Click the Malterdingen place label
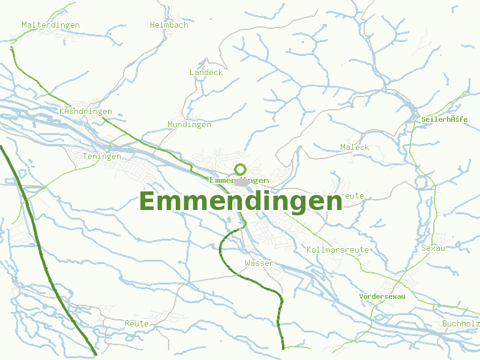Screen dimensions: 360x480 tap(50, 25)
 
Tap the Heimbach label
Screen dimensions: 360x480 tap(169, 25)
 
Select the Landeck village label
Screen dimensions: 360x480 tap(206, 72)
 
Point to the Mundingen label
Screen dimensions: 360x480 tap(189, 124)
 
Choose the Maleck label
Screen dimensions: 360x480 tap(354, 147)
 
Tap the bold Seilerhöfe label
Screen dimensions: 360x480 tap(444, 119)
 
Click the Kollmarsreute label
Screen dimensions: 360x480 tap(337, 249)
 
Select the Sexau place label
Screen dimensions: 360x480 tap(433, 248)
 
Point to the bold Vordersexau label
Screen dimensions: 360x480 tap(382, 296)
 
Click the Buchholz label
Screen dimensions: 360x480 tap(460, 324)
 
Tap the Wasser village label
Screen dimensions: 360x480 tap(259, 263)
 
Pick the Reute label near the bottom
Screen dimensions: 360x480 tap(136, 323)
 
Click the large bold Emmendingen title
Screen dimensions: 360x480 tap(241, 202)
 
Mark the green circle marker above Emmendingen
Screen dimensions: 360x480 tap(241, 169)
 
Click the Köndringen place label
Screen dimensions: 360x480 tap(86, 112)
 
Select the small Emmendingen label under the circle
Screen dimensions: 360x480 tap(239, 180)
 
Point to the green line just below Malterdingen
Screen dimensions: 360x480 tap(24, 69)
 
